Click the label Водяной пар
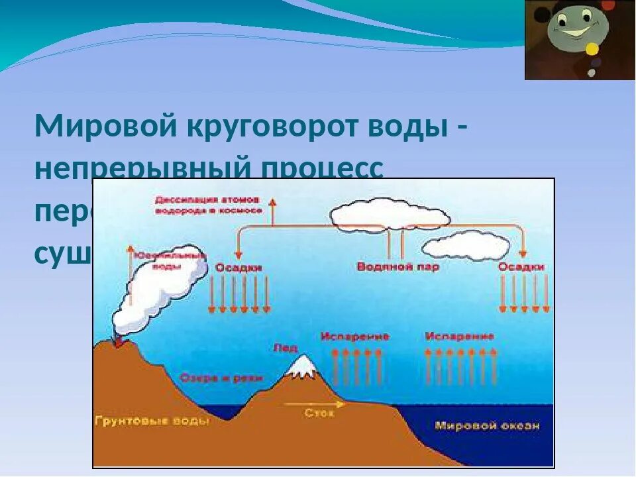click(397, 266)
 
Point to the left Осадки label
click(238, 267)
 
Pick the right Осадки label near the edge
click(521, 266)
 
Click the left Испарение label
click(354, 336)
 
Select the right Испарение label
click(460, 336)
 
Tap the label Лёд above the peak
click(285, 347)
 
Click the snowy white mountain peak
click(303, 366)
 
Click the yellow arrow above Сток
click(315, 403)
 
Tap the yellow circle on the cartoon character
click(592, 48)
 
